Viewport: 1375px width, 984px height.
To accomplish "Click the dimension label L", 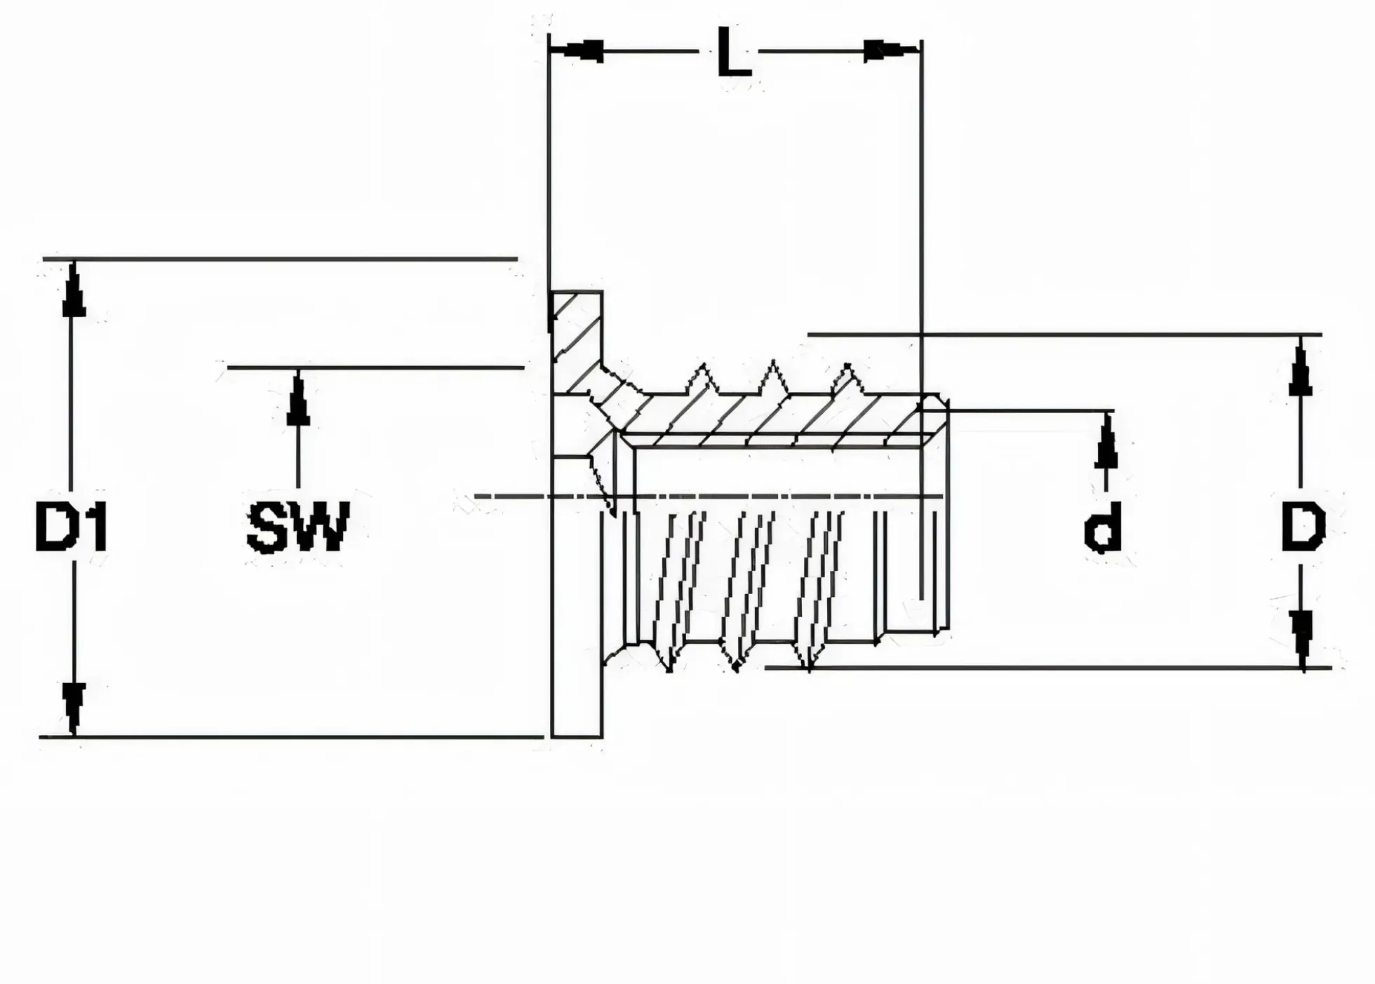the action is coord(735,52).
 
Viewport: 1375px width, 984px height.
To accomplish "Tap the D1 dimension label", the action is coord(71,525).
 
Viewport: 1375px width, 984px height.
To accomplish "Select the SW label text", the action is coord(297,526).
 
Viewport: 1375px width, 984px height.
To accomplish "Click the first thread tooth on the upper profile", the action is coord(702,379).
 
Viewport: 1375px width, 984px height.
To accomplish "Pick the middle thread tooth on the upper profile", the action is coord(774,378).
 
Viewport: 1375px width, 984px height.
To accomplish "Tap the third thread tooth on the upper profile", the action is coord(847,379).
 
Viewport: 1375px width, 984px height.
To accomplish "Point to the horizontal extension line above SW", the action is coord(376,367).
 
